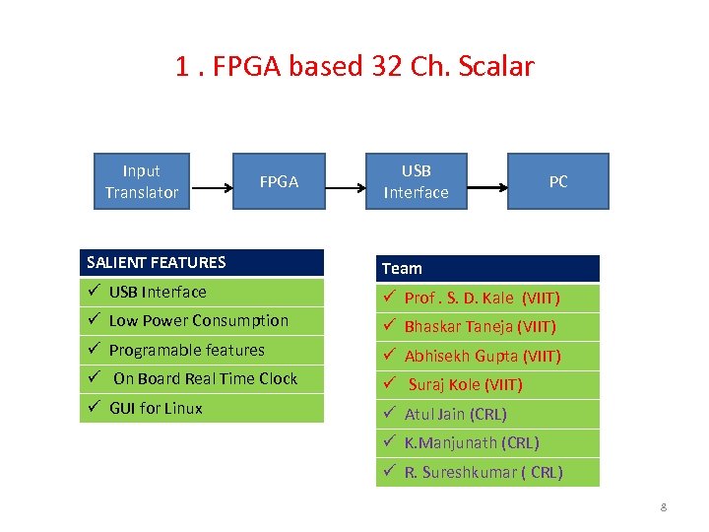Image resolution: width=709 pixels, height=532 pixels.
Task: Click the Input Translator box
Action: point(141,181)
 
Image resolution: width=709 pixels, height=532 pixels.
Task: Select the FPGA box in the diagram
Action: point(279,181)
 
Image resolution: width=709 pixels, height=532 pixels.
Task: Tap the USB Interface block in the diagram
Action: point(416,181)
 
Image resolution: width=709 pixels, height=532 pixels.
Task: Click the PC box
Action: point(557,181)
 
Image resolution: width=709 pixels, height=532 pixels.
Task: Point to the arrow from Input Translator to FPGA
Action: point(210,182)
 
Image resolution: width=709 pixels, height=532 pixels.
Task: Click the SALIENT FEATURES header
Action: point(201,262)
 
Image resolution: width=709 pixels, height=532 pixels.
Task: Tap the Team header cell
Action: point(487,268)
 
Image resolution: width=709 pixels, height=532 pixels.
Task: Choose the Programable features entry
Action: point(186,350)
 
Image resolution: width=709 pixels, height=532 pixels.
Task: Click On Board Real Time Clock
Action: point(205,378)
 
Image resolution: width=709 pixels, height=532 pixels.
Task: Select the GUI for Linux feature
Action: point(156,408)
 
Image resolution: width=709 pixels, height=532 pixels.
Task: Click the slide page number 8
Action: point(664,507)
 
